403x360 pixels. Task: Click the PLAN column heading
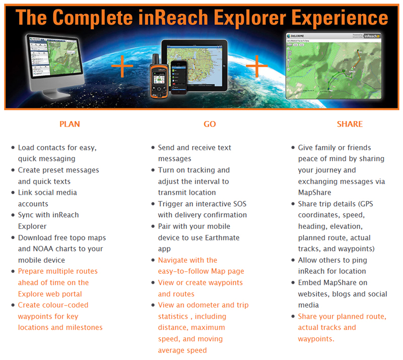pyautogui.click(x=70, y=124)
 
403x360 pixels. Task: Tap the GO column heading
pyautogui.click(x=210, y=124)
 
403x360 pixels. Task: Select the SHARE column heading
pyautogui.click(x=350, y=124)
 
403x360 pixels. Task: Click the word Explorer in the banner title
pyautogui.click(x=250, y=18)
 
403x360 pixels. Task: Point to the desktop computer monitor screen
pyautogui.click(x=55, y=56)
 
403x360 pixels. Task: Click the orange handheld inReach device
pyautogui.click(x=159, y=77)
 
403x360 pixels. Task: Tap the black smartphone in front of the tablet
pyautogui.click(x=179, y=77)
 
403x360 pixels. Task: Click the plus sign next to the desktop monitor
pyautogui.click(x=122, y=66)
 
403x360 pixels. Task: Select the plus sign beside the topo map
pyautogui.click(x=257, y=66)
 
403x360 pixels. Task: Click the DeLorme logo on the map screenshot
pyautogui.click(x=296, y=36)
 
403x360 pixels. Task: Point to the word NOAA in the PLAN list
pyautogui.click(x=43, y=249)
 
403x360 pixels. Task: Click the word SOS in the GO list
pyautogui.click(x=240, y=204)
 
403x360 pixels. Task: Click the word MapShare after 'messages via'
pyautogui.click(x=314, y=193)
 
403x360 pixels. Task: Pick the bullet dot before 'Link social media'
pyautogui.click(x=13, y=193)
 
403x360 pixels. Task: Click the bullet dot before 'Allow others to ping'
pyautogui.click(x=293, y=260)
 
